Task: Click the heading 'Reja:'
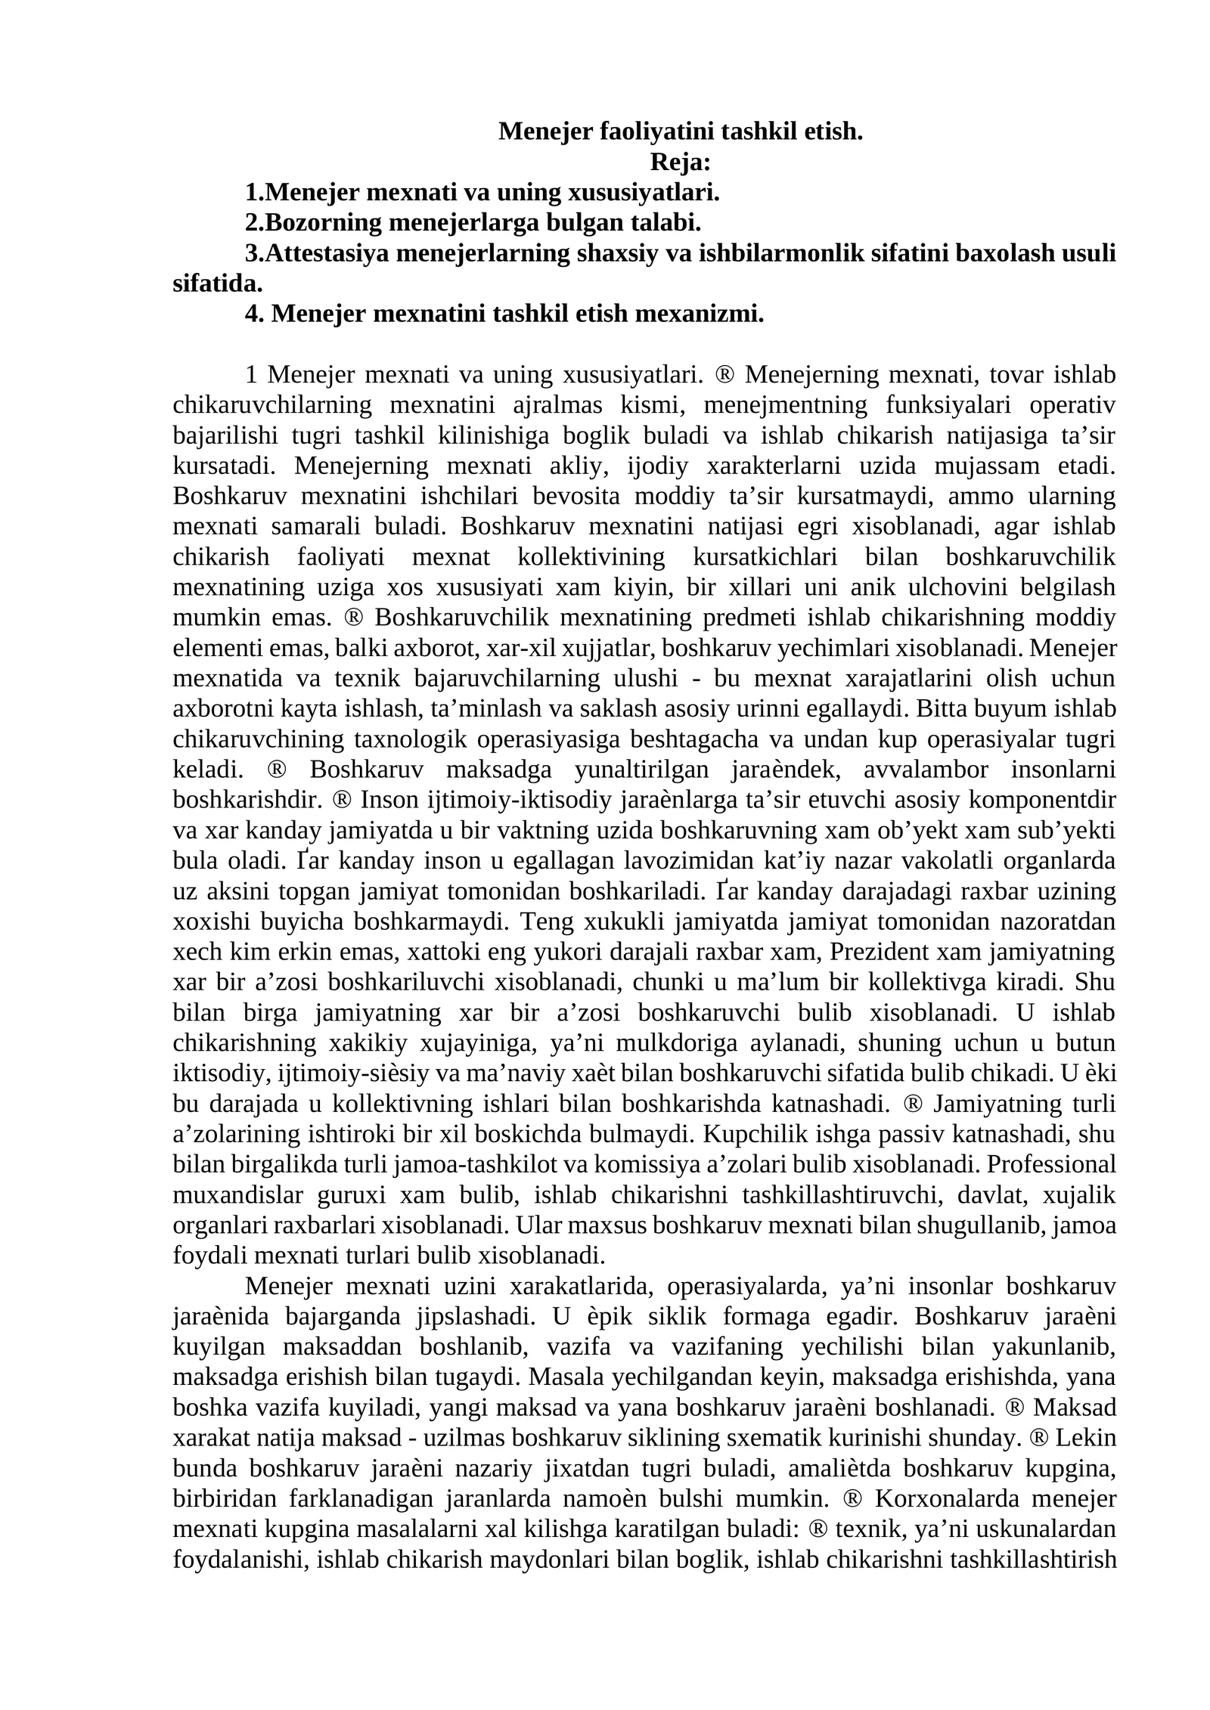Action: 679,162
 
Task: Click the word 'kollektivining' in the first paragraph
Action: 591,556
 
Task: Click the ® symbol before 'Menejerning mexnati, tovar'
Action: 724,374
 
